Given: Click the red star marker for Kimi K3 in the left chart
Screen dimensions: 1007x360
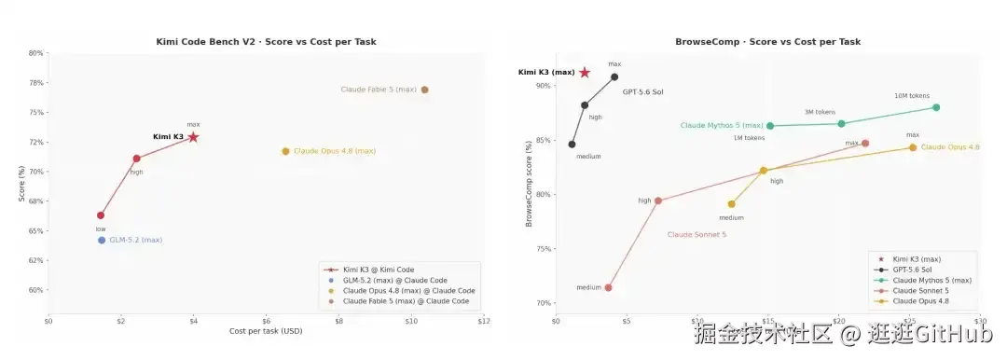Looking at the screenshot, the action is [193, 137].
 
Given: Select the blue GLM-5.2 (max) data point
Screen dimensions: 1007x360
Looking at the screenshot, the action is [102, 241].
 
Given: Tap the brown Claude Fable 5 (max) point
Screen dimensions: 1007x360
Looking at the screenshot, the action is [424, 90].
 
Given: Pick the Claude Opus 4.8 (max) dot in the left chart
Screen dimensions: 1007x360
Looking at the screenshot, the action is [286, 151].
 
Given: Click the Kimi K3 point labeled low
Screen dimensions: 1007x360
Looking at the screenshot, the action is [101, 215].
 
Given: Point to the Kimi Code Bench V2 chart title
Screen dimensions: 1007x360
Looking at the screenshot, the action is [266, 42].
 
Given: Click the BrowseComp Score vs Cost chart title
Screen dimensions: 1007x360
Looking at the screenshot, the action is [767, 42].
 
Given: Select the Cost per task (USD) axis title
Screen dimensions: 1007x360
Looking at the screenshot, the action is [266, 331].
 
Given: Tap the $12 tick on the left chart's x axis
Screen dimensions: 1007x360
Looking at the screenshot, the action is [484, 321].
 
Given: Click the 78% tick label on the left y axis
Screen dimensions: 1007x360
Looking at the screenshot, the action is [36, 83].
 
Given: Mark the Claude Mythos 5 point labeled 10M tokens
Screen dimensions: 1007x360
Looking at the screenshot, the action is [936, 107].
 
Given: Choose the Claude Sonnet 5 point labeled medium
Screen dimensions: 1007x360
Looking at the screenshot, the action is [608, 287].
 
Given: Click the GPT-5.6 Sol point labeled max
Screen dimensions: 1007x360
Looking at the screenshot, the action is [614, 76].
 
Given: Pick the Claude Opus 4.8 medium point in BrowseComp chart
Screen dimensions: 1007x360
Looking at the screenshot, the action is [732, 204].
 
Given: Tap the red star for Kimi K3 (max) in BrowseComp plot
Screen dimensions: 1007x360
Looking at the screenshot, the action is [585, 73].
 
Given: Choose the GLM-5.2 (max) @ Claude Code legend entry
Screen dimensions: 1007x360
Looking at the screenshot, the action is [385, 281].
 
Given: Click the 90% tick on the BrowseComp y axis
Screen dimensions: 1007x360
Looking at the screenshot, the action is [544, 86].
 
